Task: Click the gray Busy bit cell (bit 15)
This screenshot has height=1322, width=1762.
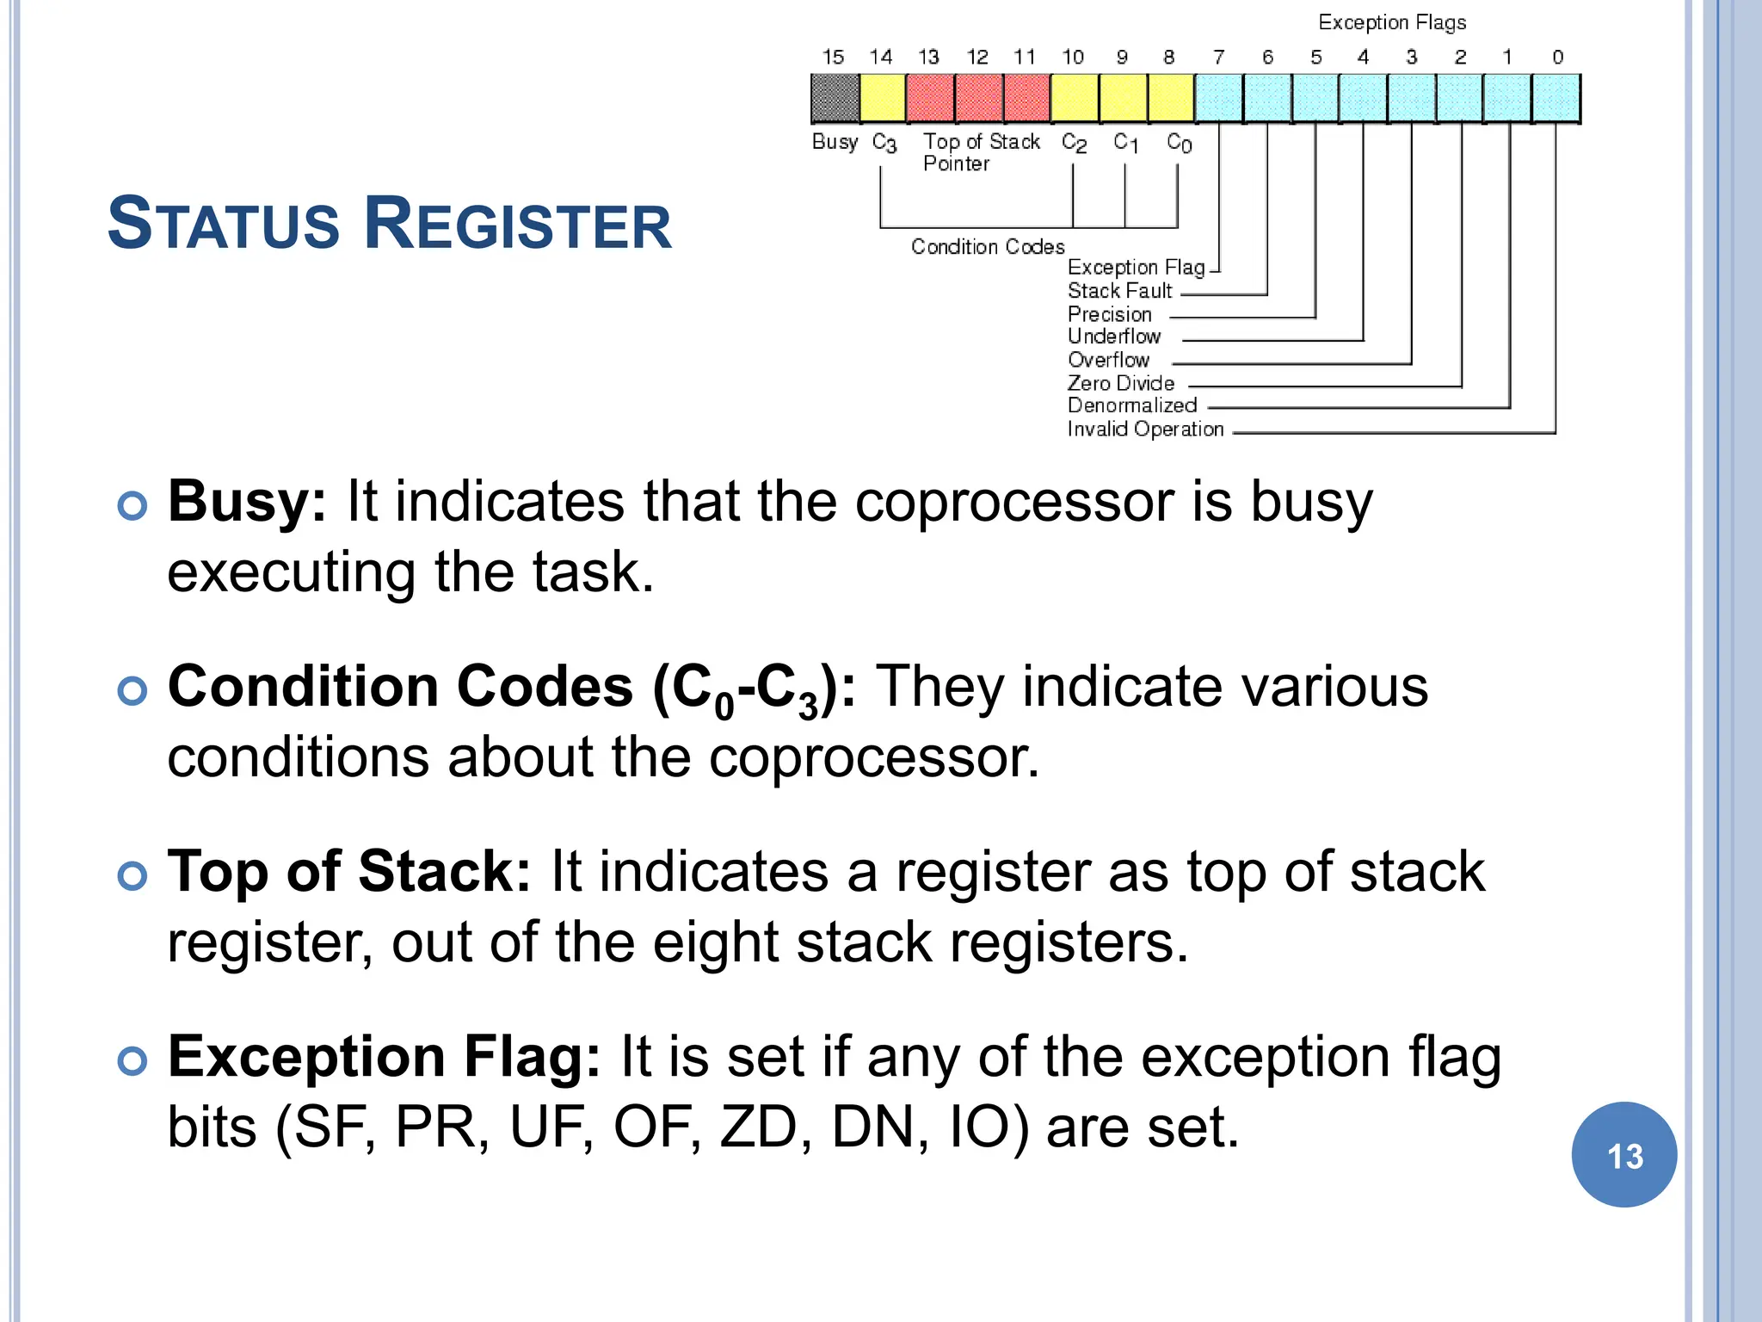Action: click(x=835, y=98)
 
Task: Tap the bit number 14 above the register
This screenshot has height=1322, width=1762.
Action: click(x=880, y=58)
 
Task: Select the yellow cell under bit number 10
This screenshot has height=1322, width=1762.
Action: click(x=1074, y=98)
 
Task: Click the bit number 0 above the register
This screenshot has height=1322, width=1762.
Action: click(x=1557, y=58)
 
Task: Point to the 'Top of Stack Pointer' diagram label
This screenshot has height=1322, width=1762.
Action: click(x=981, y=152)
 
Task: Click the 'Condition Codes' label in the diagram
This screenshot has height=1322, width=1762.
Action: click(x=987, y=247)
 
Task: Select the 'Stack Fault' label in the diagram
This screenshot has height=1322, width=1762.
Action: click(x=1119, y=291)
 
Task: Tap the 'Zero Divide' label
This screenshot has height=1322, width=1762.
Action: click(x=1120, y=383)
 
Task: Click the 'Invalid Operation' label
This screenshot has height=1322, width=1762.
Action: click(x=1145, y=429)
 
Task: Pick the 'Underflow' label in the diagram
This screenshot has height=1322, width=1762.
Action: click(x=1114, y=337)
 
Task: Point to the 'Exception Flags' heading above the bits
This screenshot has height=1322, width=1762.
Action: click(x=1391, y=22)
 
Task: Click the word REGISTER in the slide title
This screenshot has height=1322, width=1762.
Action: click(x=517, y=224)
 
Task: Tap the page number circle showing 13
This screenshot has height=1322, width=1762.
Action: click(x=1623, y=1155)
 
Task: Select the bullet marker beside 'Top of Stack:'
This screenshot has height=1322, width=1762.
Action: click(x=132, y=876)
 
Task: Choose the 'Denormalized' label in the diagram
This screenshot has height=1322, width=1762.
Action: click(x=1131, y=405)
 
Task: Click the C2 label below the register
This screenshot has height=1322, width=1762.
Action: click(x=1074, y=143)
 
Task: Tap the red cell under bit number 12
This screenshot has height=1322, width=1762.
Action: click(x=978, y=98)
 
